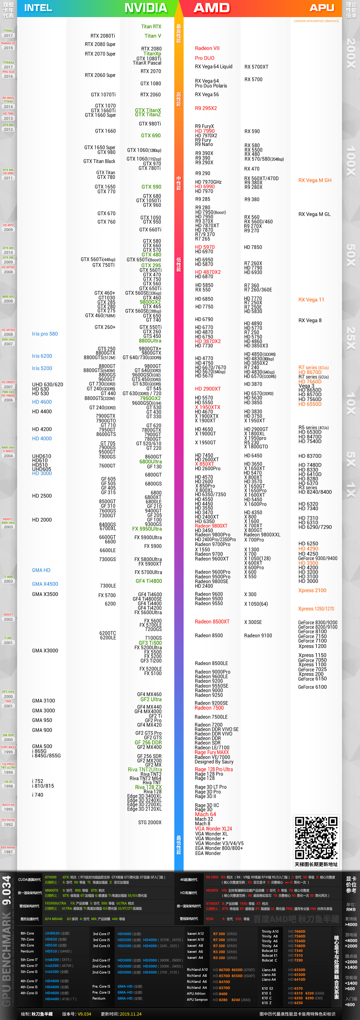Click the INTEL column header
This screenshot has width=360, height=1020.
[x=38, y=8]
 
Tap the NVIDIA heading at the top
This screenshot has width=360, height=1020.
[x=146, y=8]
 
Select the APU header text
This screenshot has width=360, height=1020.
[x=322, y=8]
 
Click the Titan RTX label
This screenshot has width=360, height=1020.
[x=151, y=26]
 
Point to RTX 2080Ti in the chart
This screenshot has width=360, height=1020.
[x=103, y=36]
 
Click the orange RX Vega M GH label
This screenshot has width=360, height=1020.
[x=315, y=180]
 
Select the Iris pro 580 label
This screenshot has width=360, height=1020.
[x=45, y=334]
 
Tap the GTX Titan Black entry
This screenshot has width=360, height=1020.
[x=99, y=161]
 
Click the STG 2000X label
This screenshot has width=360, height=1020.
[x=150, y=822]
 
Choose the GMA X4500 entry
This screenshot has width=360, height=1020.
[x=45, y=584]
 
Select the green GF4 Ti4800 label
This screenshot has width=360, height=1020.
[x=148, y=581]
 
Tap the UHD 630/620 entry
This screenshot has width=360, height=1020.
[x=47, y=385]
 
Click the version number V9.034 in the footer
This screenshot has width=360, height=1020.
[x=84, y=1014]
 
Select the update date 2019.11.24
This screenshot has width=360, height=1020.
[x=130, y=1014]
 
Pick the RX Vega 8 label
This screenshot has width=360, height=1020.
[x=310, y=320]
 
